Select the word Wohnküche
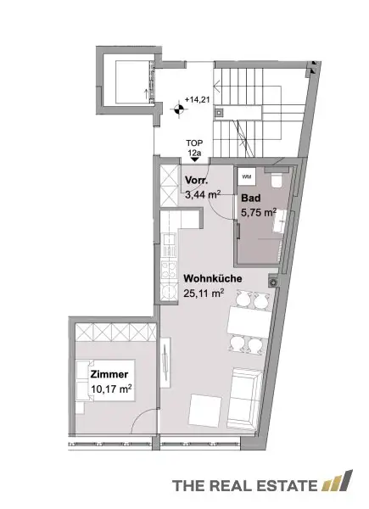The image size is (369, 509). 215,278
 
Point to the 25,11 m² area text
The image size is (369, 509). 204,294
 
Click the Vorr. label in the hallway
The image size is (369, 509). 195,181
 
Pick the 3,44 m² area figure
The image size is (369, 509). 201,194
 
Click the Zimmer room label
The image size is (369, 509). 107,374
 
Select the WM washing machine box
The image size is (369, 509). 248,176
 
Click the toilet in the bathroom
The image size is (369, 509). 277,180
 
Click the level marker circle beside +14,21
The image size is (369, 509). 177,108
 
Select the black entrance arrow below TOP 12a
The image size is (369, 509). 195,158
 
